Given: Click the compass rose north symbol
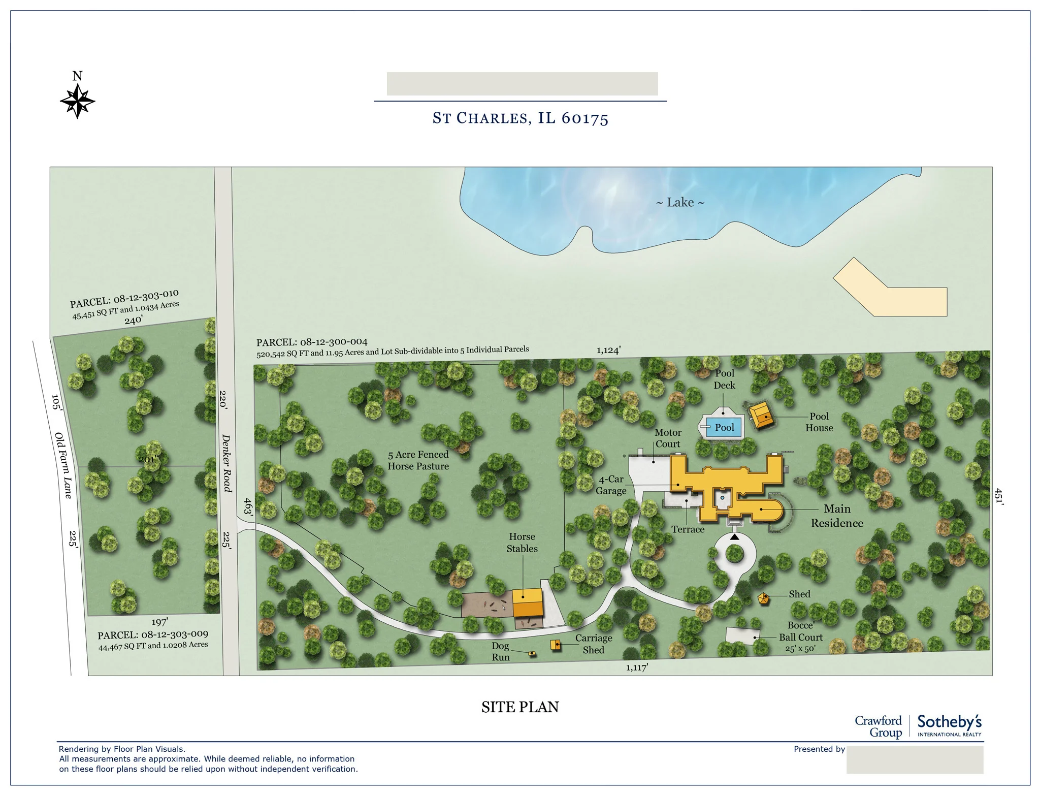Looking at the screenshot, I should (x=77, y=101).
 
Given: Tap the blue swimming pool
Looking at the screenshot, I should (x=724, y=427).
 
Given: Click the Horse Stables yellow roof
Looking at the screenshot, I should (x=527, y=602).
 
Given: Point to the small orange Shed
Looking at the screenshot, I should (x=763, y=598).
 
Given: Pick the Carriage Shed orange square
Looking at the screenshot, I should (x=556, y=645).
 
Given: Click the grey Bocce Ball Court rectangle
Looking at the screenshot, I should (x=742, y=635).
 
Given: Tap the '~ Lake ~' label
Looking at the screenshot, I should (x=680, y=203).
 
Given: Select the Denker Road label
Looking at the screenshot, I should (x=226, y=463).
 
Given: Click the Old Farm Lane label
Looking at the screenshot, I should (x=63, y=465).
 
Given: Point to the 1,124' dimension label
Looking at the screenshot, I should (x=608, y=350).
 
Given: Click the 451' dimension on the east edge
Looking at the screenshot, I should (x=998, y=496).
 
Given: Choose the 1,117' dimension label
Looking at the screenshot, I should (x=637, y=667).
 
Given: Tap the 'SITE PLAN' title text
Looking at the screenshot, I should (x=519, y=707).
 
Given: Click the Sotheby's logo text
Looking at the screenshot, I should (x=949, y=722).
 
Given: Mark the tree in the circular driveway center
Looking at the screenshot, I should (x=734, y=553).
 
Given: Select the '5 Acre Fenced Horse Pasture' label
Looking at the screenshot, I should (x=418, y=460).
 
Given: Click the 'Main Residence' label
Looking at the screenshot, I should (x=837, y=516).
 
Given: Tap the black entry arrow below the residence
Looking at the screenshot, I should (x=734, y=536).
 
